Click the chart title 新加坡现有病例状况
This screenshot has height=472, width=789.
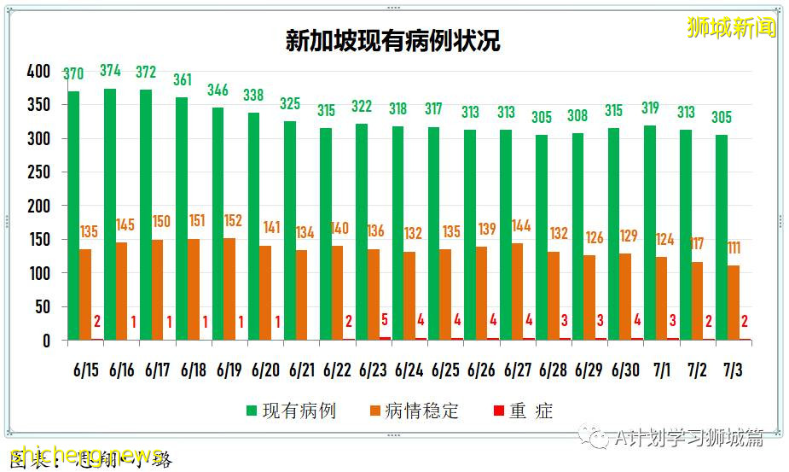point(392,41)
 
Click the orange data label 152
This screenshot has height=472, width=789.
point(233,221)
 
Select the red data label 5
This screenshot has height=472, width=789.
point(386,321)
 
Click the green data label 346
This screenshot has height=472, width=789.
point(218,89)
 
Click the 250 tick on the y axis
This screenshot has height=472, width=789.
point(38,172)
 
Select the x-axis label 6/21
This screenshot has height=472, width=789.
point(301,371)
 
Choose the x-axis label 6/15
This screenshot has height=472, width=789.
point(85,371)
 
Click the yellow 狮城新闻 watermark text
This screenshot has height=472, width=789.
point(732,27)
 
